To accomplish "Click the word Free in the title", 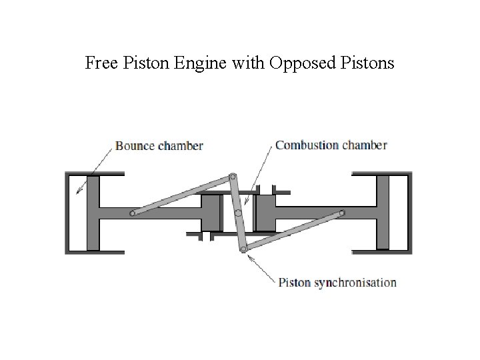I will tap(101, 64).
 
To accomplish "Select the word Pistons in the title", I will tap(369, 64).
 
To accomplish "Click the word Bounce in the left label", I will tap(135, 145).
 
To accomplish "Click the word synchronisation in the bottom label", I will tap(355, 282).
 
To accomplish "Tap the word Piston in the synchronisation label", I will tap(294, 282).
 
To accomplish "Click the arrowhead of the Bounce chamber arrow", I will tap(77, 192).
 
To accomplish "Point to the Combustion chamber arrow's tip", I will tap(245, 201).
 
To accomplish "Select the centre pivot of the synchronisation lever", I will tap(238, 213).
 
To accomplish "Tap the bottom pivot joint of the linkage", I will tap(243, 249).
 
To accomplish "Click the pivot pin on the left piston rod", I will tap(133, 213).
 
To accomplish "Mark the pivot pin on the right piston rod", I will tap(341, 213).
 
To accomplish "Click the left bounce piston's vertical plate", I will tap(93, 213).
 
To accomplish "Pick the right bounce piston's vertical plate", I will tap(383, 213).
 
